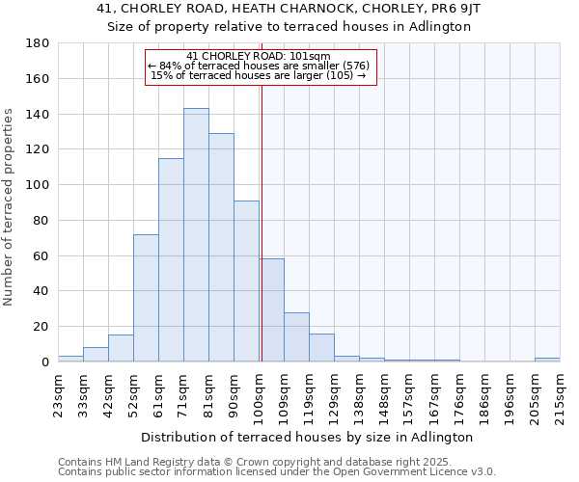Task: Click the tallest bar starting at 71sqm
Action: coord(196,235)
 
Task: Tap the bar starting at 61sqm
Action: coord(171,260)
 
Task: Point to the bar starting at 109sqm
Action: coord(296,337)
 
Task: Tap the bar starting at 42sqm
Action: coord(121,348)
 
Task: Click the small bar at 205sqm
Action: coord(547,360)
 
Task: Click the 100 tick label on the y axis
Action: coord(39,185)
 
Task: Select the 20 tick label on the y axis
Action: coord(42,327)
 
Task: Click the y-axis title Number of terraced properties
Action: coord(9,207)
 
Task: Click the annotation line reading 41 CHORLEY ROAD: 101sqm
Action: coord(259,56)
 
